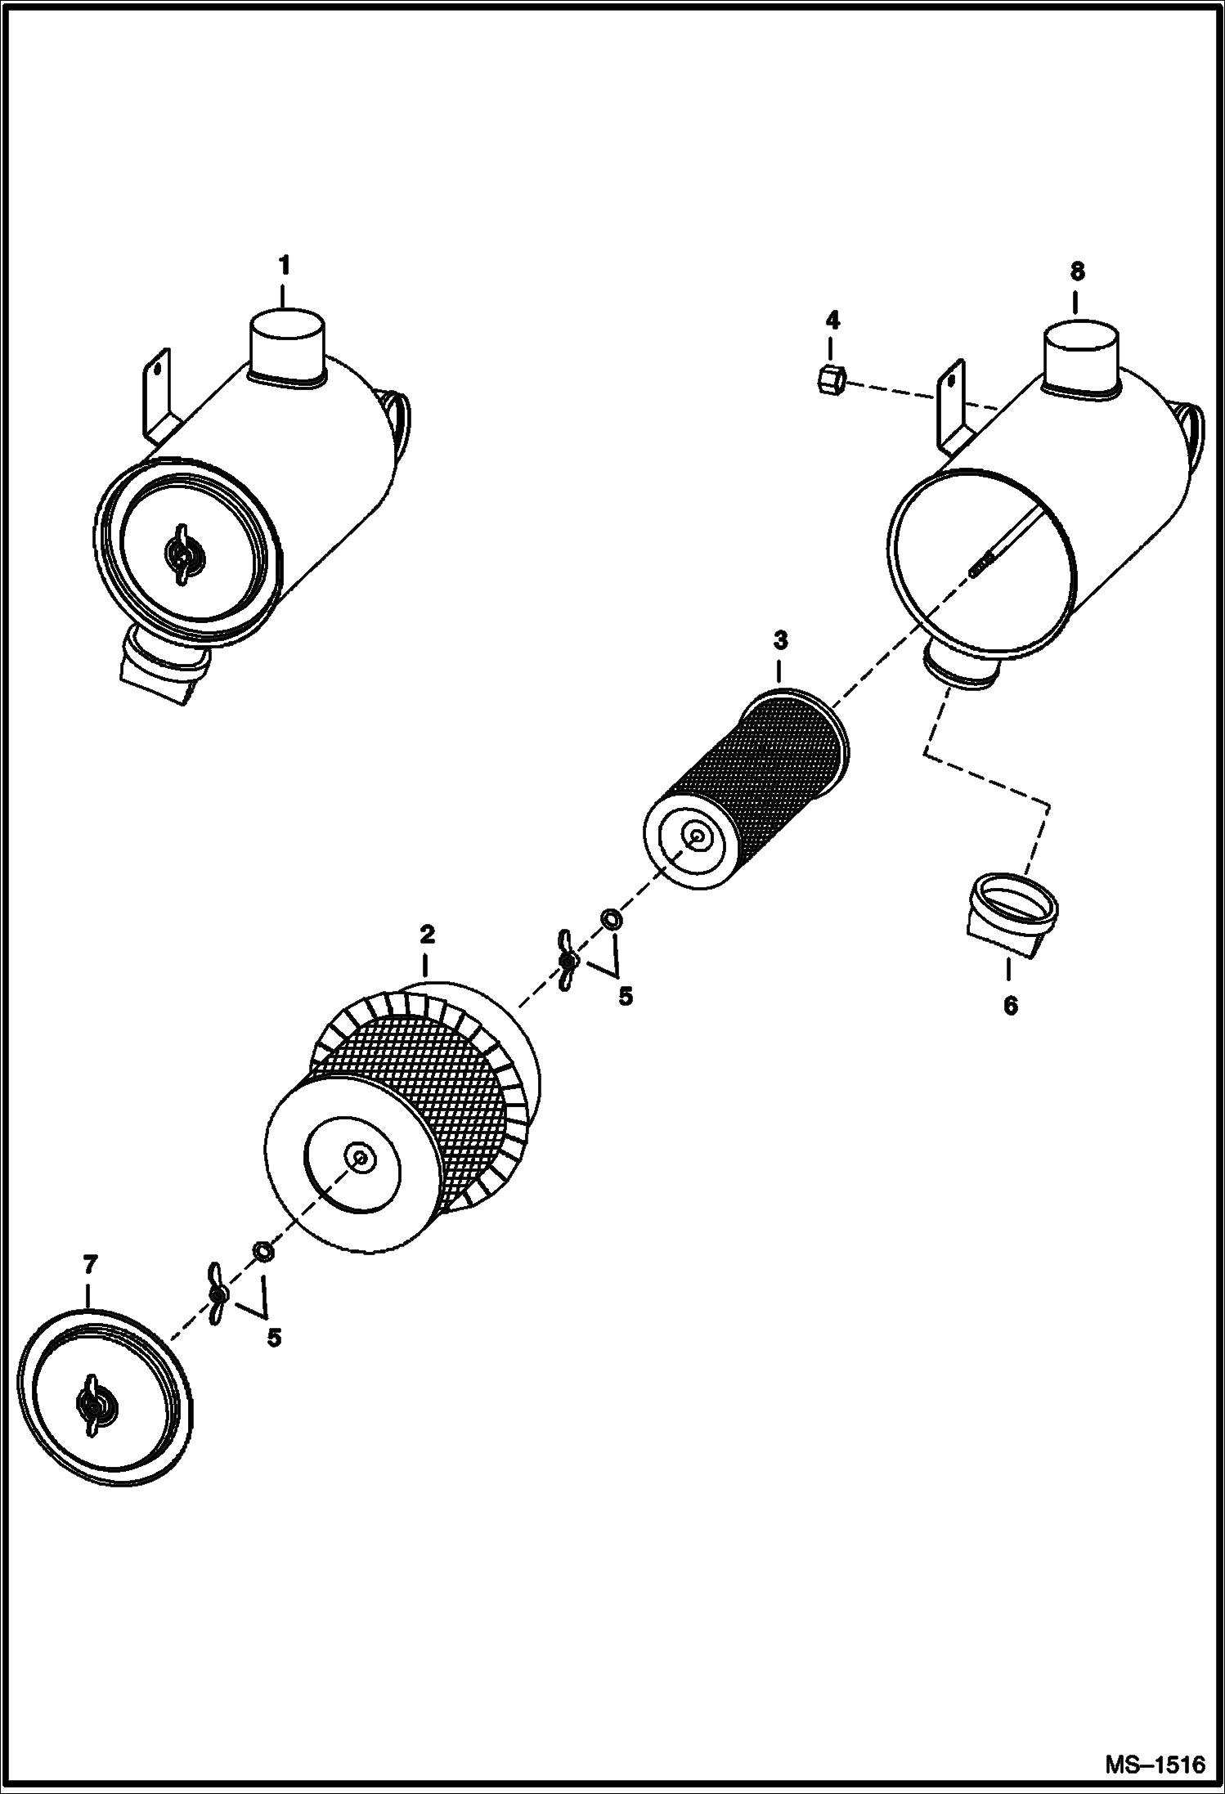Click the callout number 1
[x=283, y=266]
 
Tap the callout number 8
[x=1077, y=271]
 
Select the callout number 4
[x=832, y=319]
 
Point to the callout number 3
[x=781, y=639]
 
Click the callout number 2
[x=427, y=934]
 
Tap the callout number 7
[x=90, y=1264]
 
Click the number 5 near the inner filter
[x=626, y=997]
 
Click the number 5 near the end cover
[x=274, y=1338]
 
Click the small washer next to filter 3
[x=610, y=919]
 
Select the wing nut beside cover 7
[x=216, y=1294]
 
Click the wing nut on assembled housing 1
[x=184, y=554]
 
